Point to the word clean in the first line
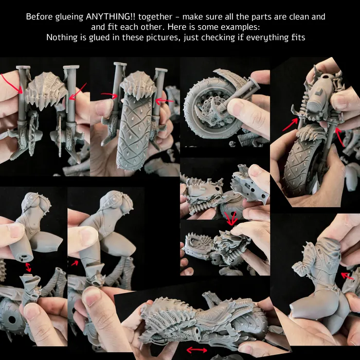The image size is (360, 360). pyautogui.click(x=298, y=17)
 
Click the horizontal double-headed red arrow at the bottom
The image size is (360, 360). pyautogui.click(x=197, y=350)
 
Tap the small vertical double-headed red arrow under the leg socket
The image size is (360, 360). pyautogui.click(x=28, y=267)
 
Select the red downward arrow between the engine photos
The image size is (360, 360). pyautogui.click(x=230, y=218)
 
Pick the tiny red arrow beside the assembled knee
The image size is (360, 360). pyautogui.click(x=75, y=263)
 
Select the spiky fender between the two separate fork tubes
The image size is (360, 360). pyautogui.click(x=46, y=91)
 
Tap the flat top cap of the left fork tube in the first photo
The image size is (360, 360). pyautogui.click(x=23, y=67)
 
